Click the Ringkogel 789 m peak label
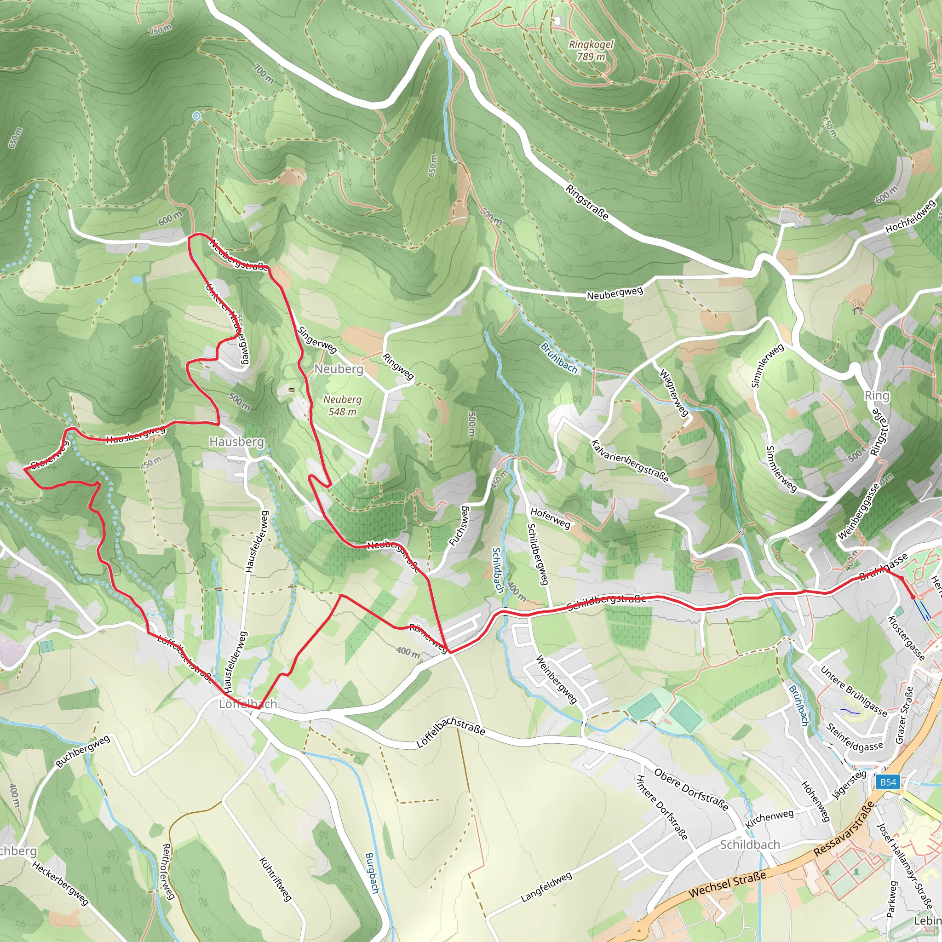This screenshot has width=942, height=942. click(591, 50)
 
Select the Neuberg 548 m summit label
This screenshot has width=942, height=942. click(342, 406)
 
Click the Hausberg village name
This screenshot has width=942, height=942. click(236, 442)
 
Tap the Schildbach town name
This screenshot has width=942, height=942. click(750, 844)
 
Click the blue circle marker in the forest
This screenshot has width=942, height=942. click(196, 115)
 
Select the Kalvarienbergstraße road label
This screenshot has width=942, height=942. click(630, 461)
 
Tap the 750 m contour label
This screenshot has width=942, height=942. click(160, 30)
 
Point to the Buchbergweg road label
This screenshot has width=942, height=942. click(83, 752)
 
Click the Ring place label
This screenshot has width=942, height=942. click(877, 396)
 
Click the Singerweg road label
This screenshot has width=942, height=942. click(317, 340)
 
